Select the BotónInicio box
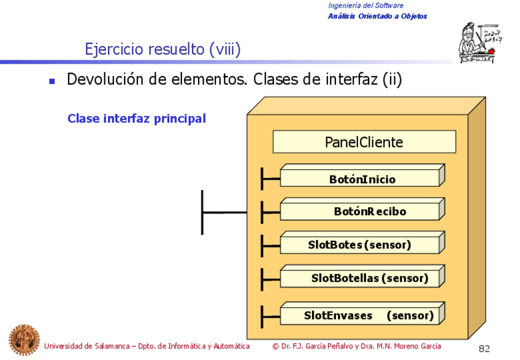[x=362, y=179]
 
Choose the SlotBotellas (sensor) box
[x=362, y=278]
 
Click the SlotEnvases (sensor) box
[x=362, y=316]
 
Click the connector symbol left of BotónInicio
[x=269, y=179]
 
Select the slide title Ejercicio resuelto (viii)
[x=162, y=48]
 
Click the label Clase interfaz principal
[x=136, y=118]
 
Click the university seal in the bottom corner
[x=23, y=339]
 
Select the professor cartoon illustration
[x=479, y=40]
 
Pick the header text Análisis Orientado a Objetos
[x=377, y=17]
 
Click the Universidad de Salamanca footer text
[x=147, y=347]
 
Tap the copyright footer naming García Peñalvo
[x=356, y=347]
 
